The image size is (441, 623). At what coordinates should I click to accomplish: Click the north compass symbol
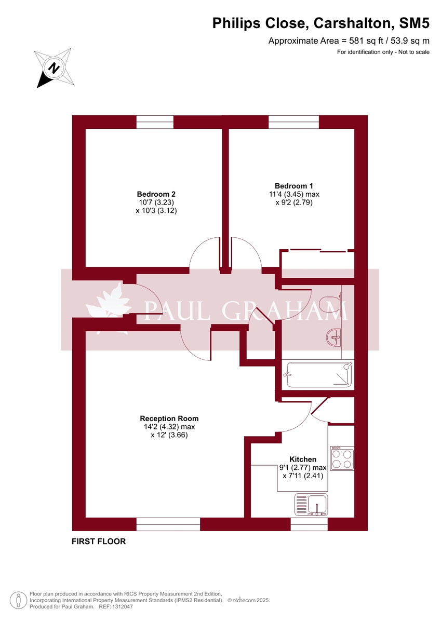tap(54, 67)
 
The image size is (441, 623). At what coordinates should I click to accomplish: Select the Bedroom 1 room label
tap(293, 186)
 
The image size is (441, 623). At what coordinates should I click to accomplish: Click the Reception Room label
tap(169, 418)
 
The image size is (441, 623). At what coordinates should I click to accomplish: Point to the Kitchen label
tap(303, 459)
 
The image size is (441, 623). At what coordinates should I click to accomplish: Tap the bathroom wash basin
tap(335, 338)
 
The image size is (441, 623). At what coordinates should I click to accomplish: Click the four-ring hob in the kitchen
tap(342, 458)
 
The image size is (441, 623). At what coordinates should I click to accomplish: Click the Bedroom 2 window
tap(155, 122)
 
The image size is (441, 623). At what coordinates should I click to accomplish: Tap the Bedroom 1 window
tap(293, 122)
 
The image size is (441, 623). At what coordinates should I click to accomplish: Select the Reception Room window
tap(168, 524)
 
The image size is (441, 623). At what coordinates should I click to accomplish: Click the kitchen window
tap(309, 524)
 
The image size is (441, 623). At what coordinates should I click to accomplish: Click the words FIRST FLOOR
tap(99, 541)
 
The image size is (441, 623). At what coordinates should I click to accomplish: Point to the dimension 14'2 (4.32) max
tap(169, 427)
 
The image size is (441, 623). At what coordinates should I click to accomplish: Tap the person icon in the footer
tap(18, 600)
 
